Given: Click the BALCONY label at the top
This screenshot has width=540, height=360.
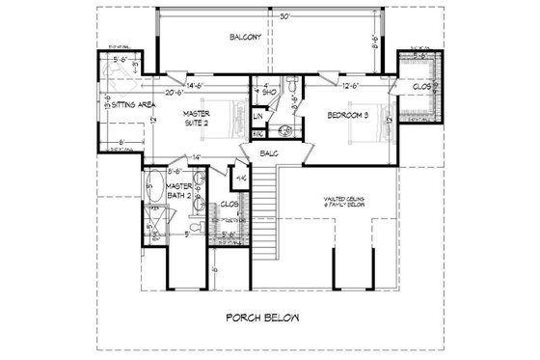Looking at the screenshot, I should pos(246,38).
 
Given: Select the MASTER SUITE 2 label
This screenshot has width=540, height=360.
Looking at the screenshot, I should pos(203,119).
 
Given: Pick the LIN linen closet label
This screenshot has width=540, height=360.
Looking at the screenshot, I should pos(258,117).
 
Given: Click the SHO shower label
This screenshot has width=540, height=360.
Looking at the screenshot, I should pos(271,95).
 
